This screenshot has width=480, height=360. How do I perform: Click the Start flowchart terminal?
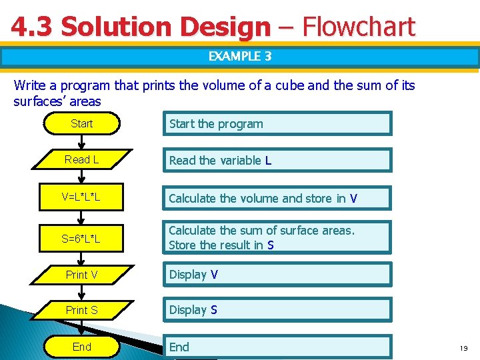pyautogui.click(x=81, y=123)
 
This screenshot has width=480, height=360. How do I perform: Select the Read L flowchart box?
pyautogui.click(x=81, y=160)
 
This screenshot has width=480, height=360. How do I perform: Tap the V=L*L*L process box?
pyautogui.click(x=81, y=197)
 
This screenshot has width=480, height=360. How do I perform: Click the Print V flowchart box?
pyautogui.click(x=81, y=274)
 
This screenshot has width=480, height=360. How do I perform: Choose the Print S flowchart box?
pyautogui.click(x=81, y=310)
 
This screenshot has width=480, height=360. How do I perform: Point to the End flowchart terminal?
pyautogui.click(x=81, y=347)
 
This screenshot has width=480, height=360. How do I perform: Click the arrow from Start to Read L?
pyautogui.click(x=81, y=141)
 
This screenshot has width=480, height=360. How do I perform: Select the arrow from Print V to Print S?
pyautogui.click(x=81, y=292)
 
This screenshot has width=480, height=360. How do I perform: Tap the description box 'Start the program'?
pyautogui.click(x=277, y=124)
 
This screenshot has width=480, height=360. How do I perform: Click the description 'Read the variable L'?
pyautogui.click(x=277, y=161)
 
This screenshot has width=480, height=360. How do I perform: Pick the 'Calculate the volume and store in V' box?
pyautogui.click(x=277, y=198)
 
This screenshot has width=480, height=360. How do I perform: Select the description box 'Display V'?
pyautogui.click(x=277, y=275)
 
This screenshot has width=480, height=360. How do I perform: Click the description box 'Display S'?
pyautogui.click(x=277, y=310)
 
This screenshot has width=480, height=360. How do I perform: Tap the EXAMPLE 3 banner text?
pyautogui.click(x=240, y=57)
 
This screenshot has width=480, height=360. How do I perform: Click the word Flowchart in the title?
pyautogui.click(x=359, y=27)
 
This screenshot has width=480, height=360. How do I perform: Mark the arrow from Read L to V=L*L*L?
pyautogui.click(x=81, y=178)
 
